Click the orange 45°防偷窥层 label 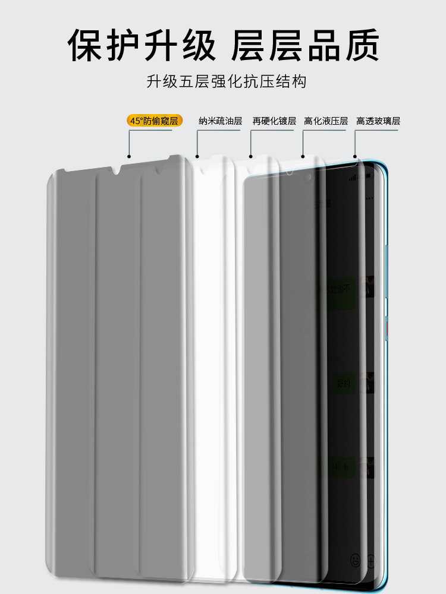(154, 121)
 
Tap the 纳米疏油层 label (220, 121)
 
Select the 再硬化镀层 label (274, 121)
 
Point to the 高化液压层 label (326, 121)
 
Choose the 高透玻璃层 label (378, 121)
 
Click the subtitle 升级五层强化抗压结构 (226, 81)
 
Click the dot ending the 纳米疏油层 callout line (197, 157)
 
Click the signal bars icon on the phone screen (355, 177)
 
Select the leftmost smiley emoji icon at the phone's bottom (355, 559)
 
